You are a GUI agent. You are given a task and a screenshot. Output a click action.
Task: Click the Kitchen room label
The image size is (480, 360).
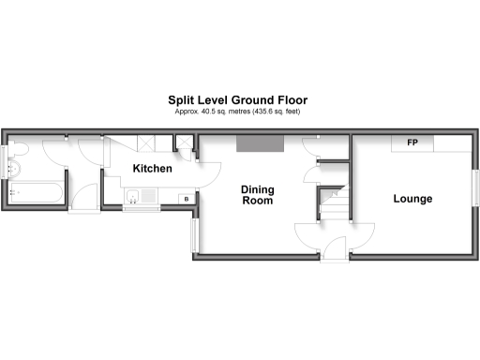click(x=152, y=169)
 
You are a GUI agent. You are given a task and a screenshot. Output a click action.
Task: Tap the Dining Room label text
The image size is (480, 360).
click(x=258, y=194)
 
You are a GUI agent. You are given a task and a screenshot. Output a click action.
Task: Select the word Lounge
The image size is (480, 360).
click(x=412, y=199)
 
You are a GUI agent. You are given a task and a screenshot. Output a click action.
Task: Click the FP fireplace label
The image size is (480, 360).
click(x=412, y=143)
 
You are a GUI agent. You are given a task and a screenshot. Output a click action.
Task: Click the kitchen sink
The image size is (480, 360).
click(x=136, y=197)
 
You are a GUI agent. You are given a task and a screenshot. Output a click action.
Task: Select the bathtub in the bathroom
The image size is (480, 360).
click(x=37, y=192)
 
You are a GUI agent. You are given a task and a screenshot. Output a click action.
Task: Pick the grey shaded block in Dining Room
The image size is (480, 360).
click(x=260, y=142)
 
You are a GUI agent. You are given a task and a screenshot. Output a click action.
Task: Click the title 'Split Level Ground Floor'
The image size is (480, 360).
click(x=238, y=99)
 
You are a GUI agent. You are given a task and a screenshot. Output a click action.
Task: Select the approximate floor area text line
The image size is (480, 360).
click(x=238, y=112)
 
